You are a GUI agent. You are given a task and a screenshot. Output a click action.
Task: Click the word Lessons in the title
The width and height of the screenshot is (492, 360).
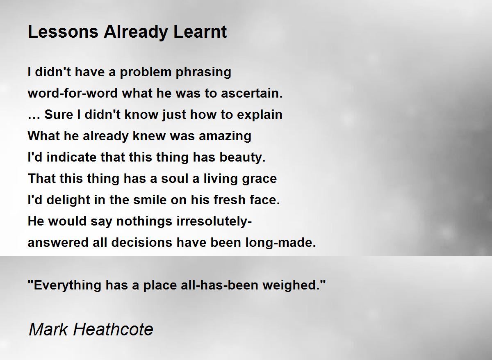63,32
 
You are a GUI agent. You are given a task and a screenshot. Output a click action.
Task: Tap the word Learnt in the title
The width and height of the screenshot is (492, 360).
200,32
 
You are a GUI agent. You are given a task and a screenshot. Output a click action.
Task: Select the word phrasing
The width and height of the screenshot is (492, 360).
203,73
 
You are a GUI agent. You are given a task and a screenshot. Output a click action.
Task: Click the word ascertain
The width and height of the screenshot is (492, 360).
252,93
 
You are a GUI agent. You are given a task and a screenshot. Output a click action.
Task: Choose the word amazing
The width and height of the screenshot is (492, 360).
225,136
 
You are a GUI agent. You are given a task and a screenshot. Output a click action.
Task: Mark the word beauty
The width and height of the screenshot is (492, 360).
242,158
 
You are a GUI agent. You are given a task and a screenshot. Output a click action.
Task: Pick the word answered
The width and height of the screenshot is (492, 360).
58,242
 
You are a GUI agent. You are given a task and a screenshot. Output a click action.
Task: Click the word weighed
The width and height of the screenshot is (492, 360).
294,285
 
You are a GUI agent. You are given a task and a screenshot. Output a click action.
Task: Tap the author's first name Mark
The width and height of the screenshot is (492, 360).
48,330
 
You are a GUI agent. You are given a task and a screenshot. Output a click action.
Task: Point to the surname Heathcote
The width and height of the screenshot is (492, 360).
113,330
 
